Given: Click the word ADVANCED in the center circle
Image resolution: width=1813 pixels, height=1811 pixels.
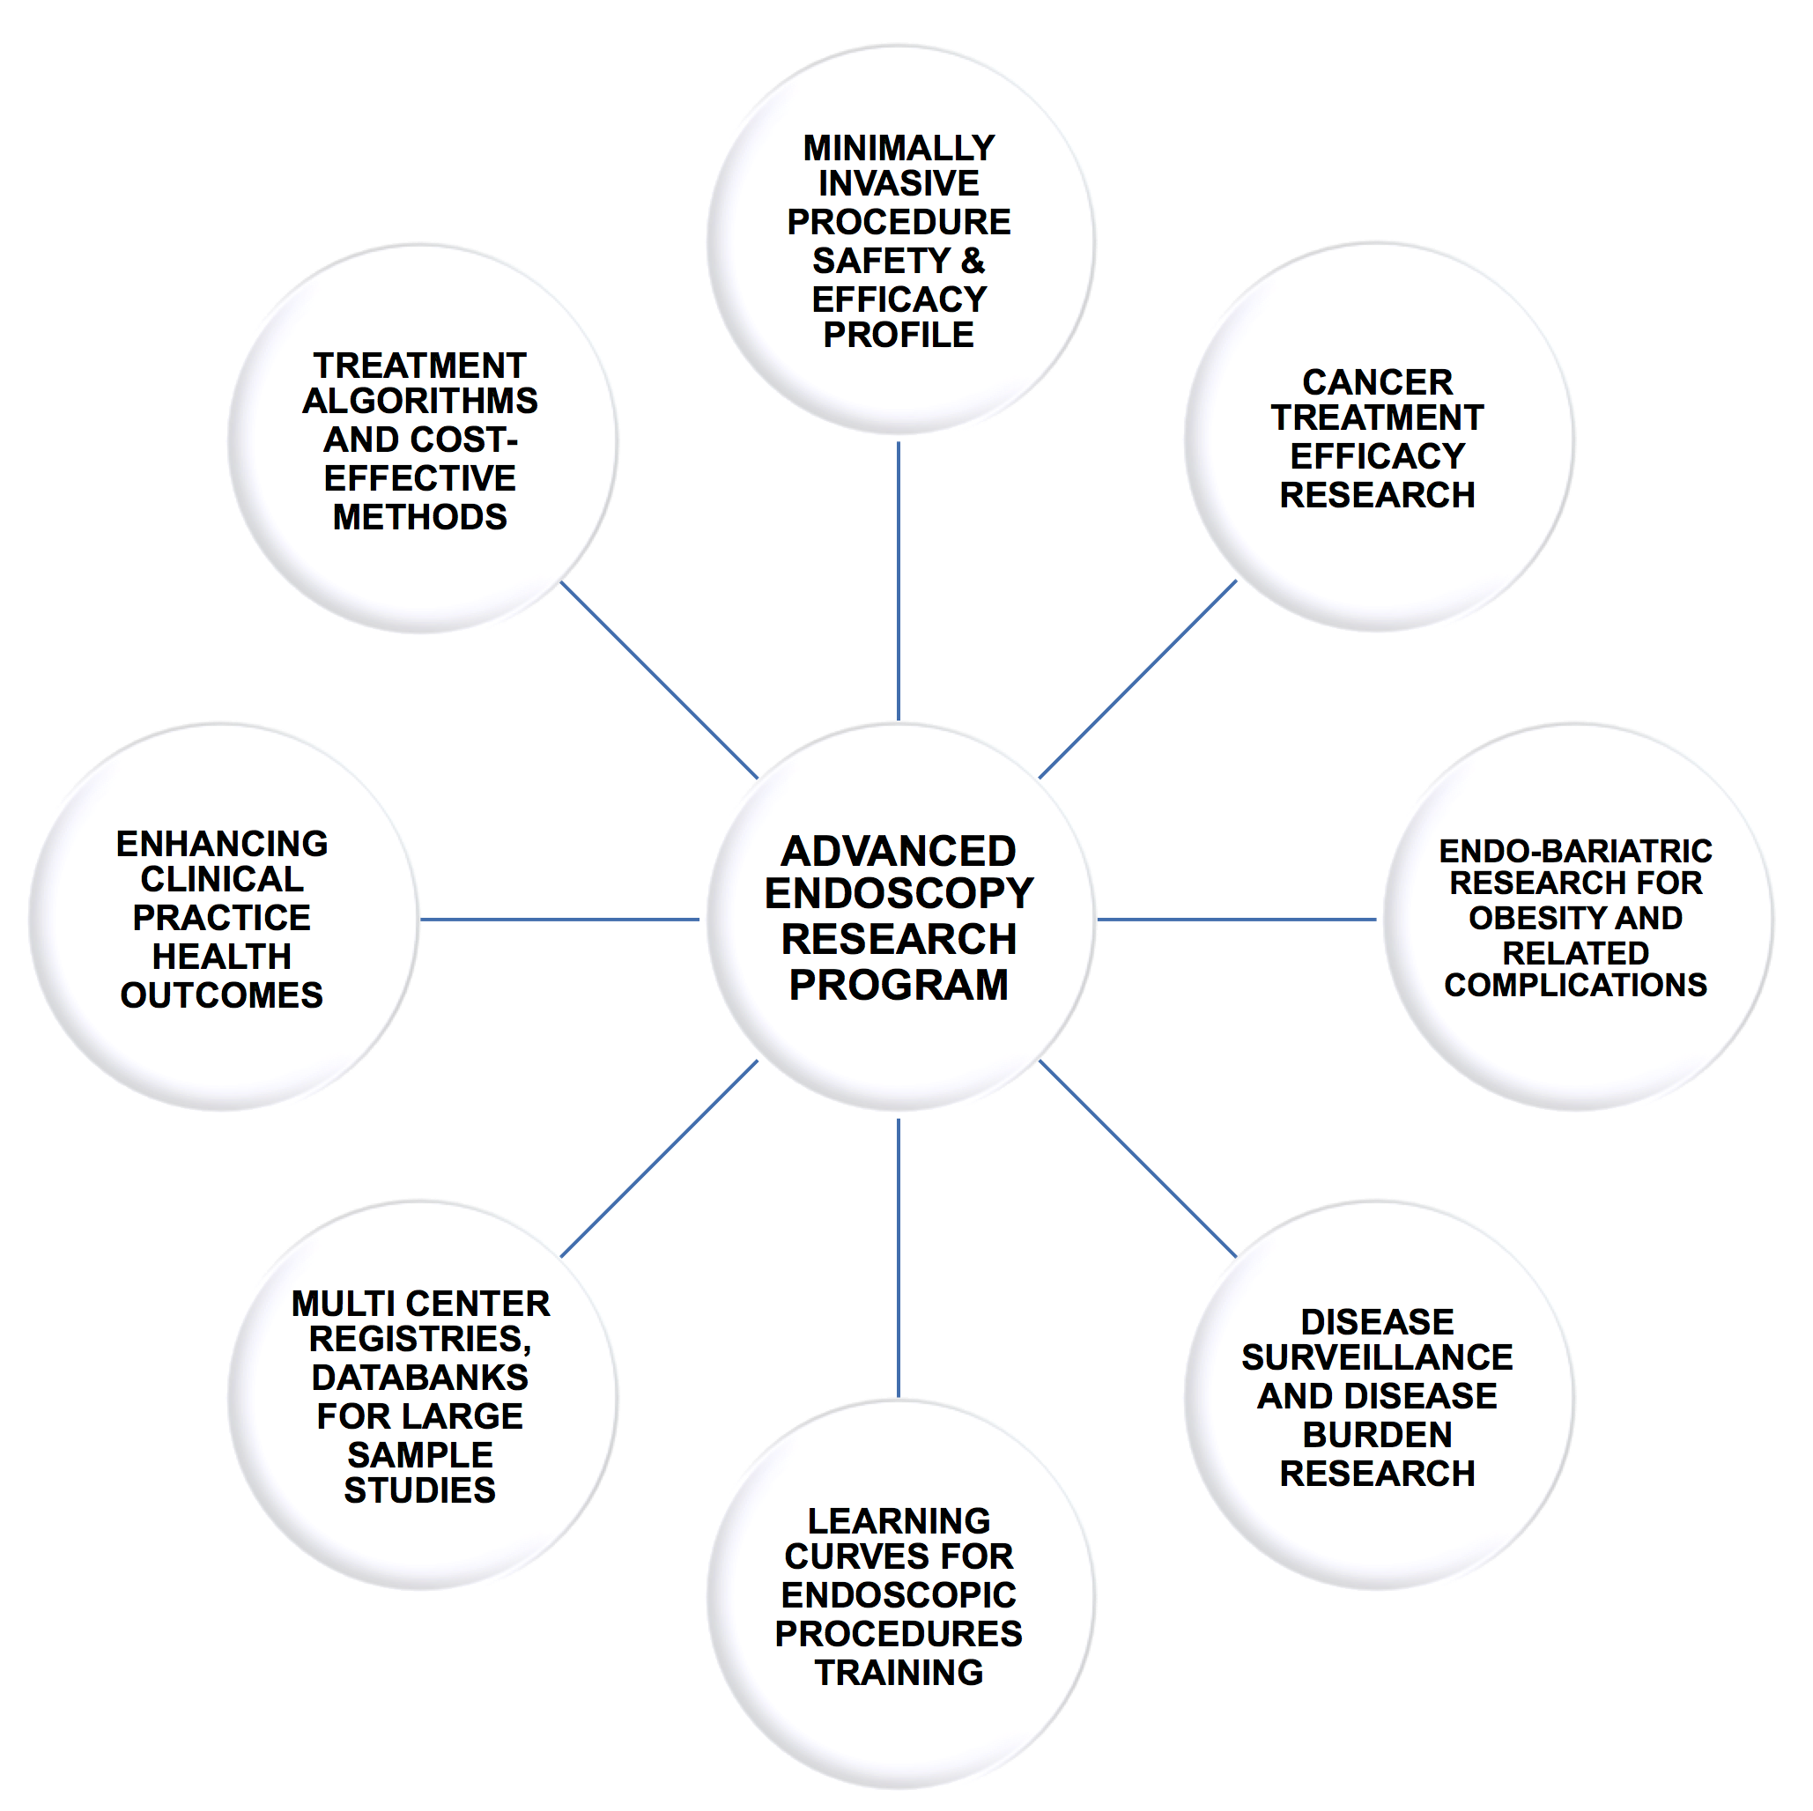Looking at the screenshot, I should click(x=898, y=851).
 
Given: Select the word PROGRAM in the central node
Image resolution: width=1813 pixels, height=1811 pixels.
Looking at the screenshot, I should click(x=898, y=984).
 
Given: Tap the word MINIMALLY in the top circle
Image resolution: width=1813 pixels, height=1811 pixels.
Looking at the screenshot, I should click(x=898, y=148).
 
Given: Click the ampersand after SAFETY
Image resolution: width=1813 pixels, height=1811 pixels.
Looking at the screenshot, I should click(x=973, y=260).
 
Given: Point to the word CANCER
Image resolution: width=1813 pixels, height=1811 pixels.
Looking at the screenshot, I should click(x=1377, y=382).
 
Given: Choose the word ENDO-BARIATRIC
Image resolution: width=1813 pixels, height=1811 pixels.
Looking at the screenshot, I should click(x=1574, y=851).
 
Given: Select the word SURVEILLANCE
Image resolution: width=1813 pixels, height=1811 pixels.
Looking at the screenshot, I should click(x=1377, y=1356).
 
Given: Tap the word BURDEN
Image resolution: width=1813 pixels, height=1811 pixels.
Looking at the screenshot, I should click(x=1377, y=1434).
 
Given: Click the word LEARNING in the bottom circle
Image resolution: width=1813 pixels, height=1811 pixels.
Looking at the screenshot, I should click(x=898, y=1520).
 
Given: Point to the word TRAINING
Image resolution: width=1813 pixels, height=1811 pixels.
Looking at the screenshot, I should click(x=898, y=1672).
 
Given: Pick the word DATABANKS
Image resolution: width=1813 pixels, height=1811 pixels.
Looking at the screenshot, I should click(x=419, y=1377).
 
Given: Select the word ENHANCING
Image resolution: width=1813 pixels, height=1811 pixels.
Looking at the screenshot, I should click(x=221, y=844).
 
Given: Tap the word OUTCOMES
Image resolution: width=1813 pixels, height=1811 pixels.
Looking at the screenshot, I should click(x=221, y=994).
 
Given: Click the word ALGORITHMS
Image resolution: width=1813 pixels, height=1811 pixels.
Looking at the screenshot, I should click(x=419, y=401).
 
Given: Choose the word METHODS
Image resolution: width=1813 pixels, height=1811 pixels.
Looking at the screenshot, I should click(x=419, y=517).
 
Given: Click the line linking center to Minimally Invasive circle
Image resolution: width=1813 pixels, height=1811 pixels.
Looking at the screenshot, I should click(x=898, y=581).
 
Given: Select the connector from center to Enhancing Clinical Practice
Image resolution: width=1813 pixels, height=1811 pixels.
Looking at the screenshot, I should click(x=559, y=919).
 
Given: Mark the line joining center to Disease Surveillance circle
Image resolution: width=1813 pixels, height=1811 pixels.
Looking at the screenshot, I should click(x=1137, y=1159).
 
